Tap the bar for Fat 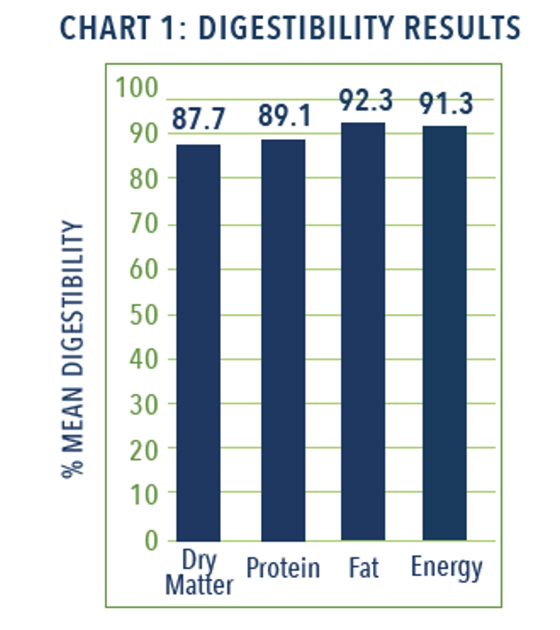pyautogui.click(x=363, y=331)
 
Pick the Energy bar pyautogui.click(x=444, y=333)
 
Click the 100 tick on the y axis pyautogui.click(x=136, y=87)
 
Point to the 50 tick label pyautogui.click(x=143, y=316)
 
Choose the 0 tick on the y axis pyautogui.click(x=151, y=541)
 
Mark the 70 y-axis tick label pyautogui.click(x=143, y=225)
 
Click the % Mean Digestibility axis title pyautogui.click(x=73, y=348)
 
